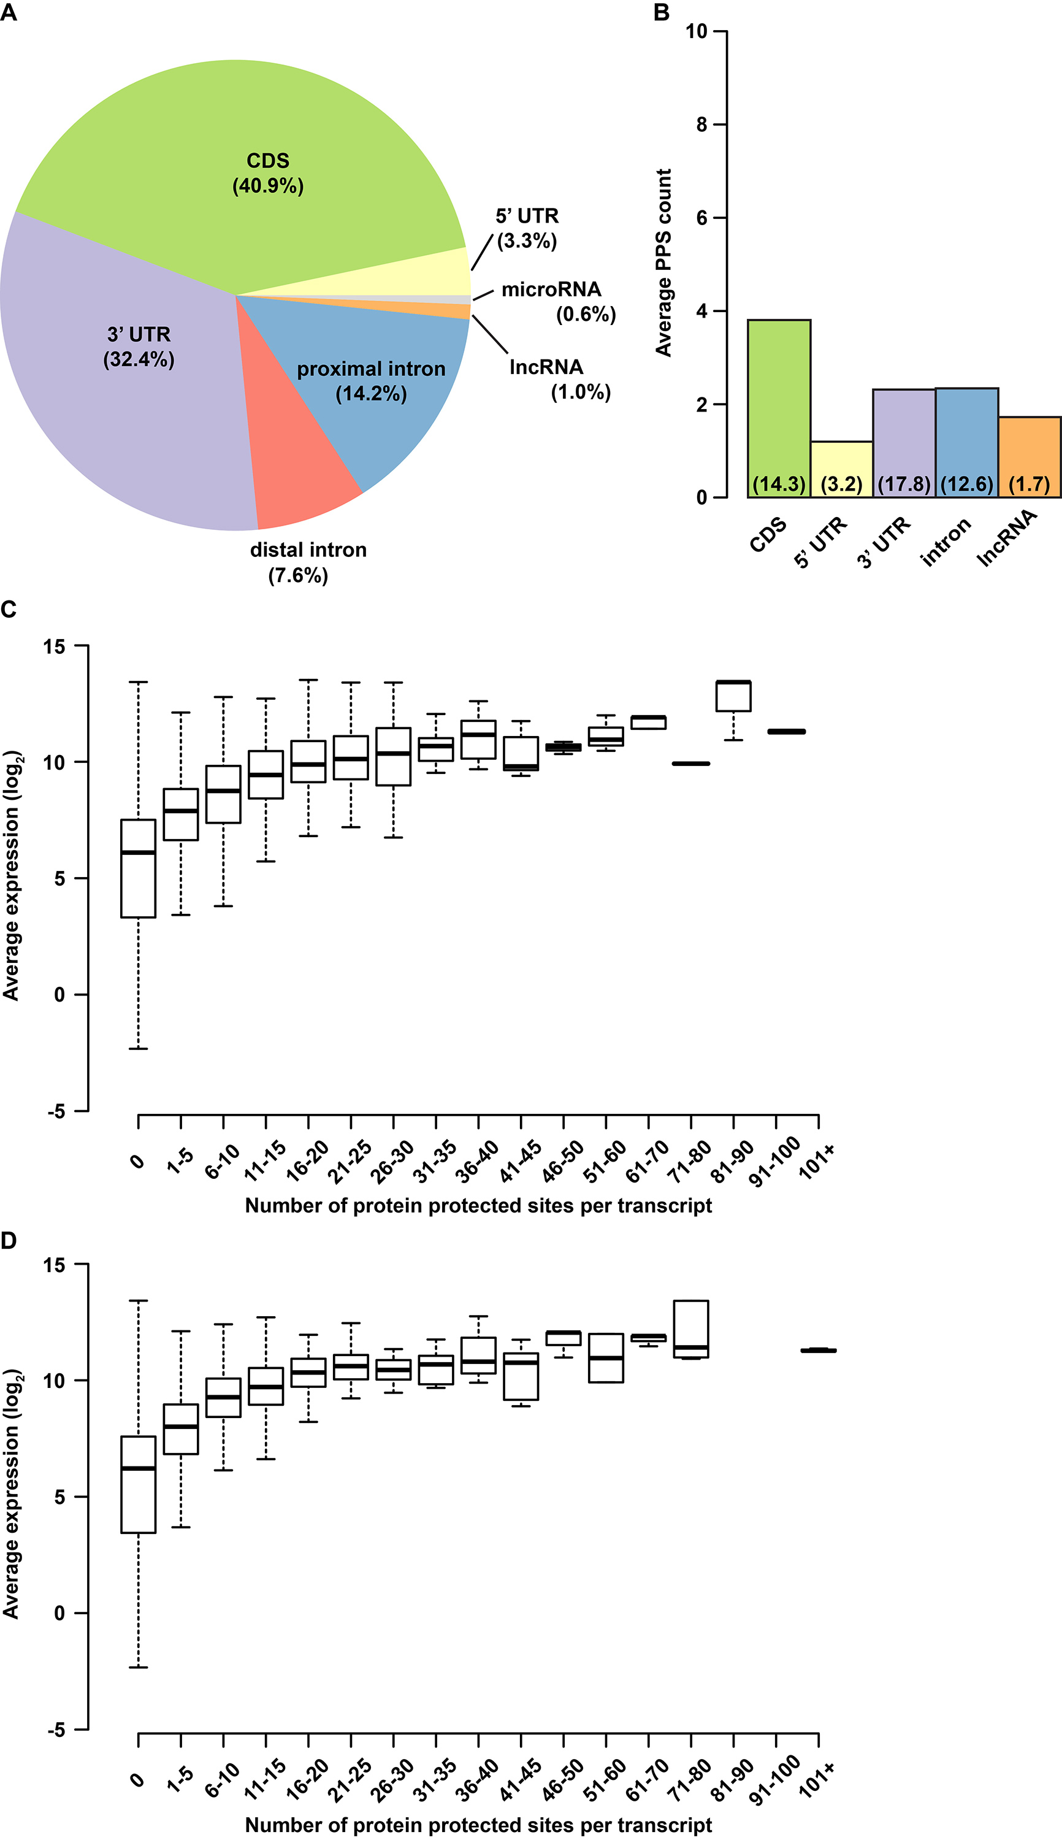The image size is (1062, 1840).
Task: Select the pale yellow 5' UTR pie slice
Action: pos(408,277)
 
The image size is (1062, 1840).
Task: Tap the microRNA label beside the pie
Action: pos(551,289)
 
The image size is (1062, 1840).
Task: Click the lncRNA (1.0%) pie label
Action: pos(559,378)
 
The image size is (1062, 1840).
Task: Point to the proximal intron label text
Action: pos(370,369)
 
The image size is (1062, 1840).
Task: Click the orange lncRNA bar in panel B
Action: pos(1029,453)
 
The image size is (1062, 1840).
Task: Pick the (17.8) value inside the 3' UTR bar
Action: pos(904,485)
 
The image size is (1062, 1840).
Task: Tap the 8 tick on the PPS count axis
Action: pos(701,125)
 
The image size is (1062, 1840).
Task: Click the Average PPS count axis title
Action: pos(663,263)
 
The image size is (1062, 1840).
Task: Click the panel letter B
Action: pos(662,12)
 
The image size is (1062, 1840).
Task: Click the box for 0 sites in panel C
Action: pos(138,868)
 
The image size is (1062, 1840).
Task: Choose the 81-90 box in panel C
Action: pos(733,696)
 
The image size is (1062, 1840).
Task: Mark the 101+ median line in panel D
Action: pos(819,1351)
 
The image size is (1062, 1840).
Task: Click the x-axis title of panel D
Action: pos(478,1825)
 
